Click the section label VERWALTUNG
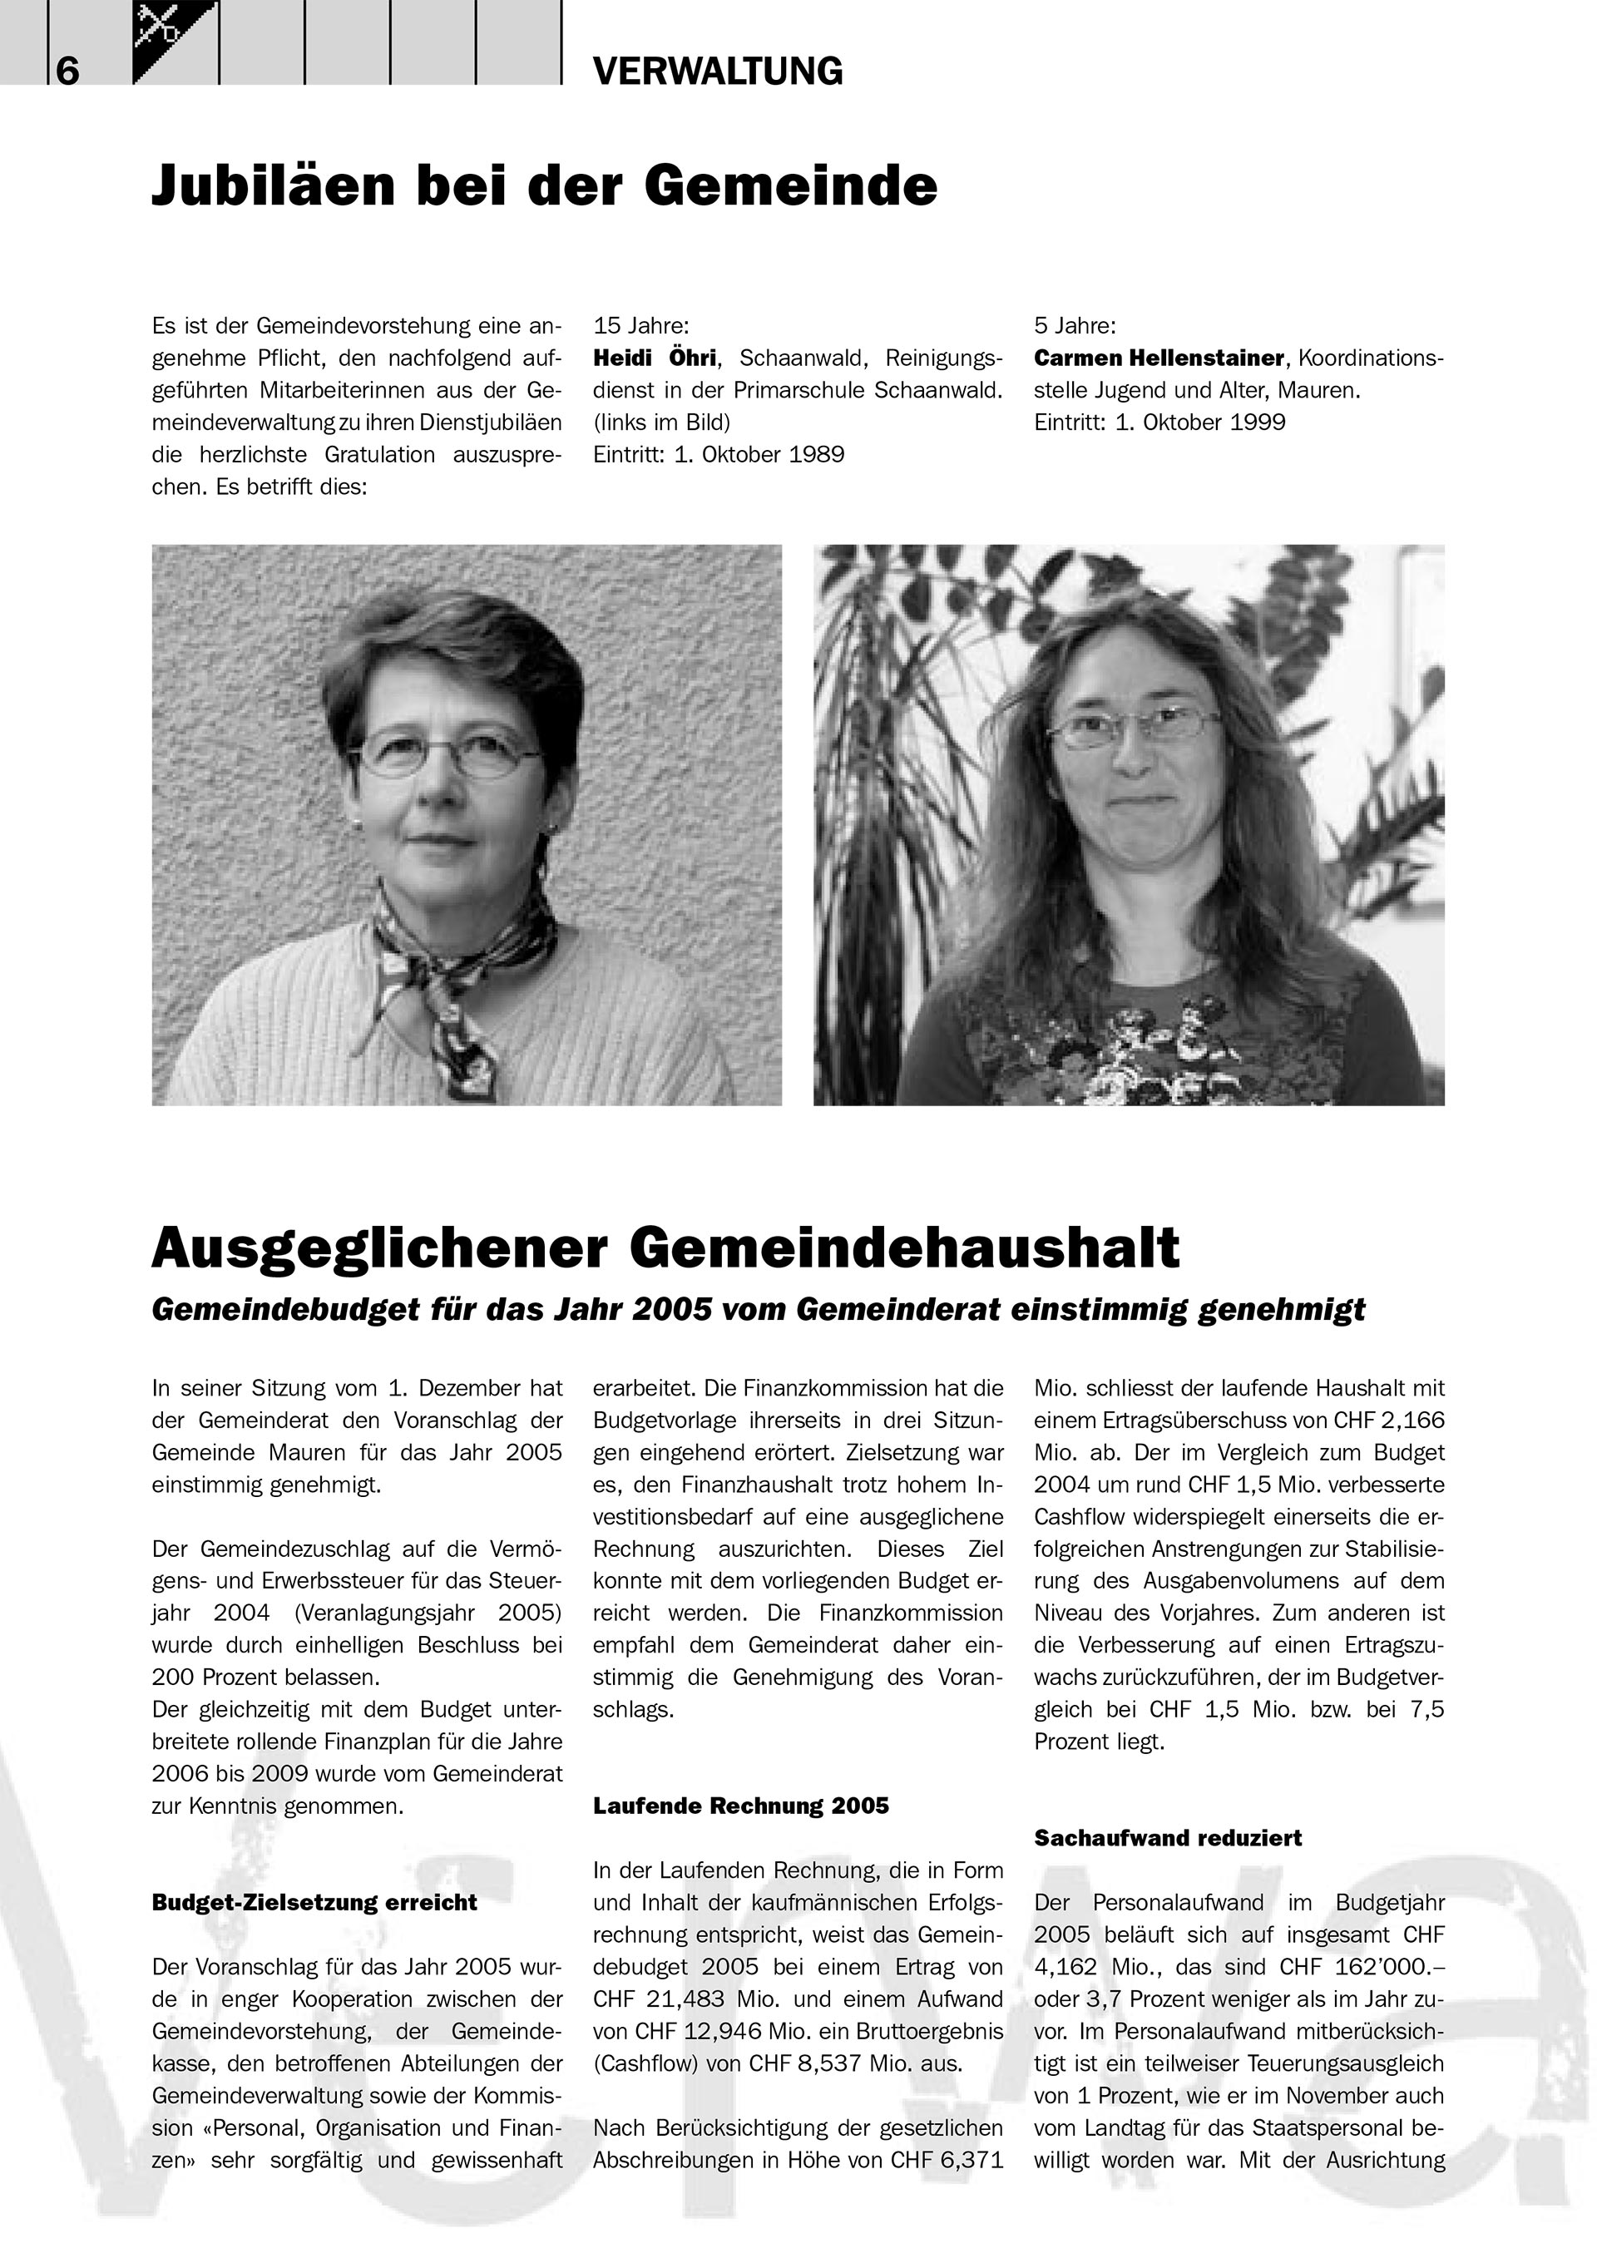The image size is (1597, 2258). tap(718, 72)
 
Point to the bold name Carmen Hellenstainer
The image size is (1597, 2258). tap(1159, 358)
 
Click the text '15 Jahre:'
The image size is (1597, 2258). tap(641, 325)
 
